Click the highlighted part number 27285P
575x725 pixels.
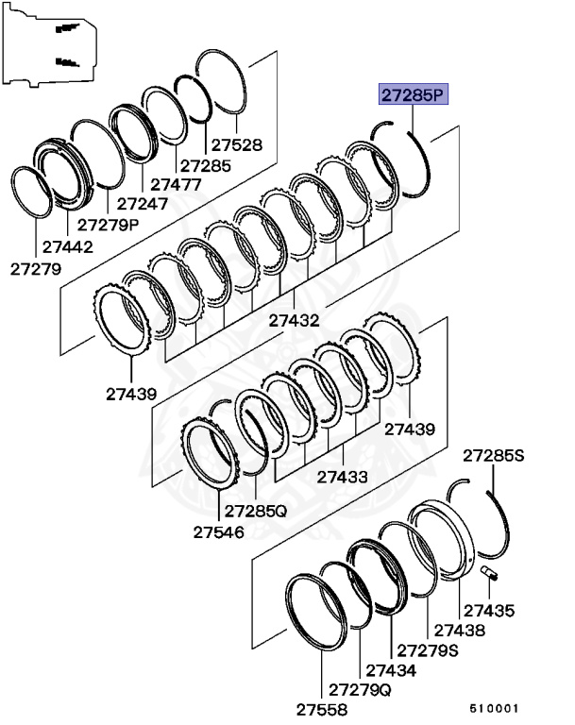[x=413, y=95]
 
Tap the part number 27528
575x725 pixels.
[x=236, y=146]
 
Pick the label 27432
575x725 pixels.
[x=294, y=321]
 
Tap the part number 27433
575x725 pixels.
[x=342, y=478]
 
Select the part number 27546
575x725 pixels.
[x=219, y=532]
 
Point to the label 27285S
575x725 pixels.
[x=493, y=457]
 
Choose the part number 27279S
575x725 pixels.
[x=428, y=650]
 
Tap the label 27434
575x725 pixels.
[x=391, y=670]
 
